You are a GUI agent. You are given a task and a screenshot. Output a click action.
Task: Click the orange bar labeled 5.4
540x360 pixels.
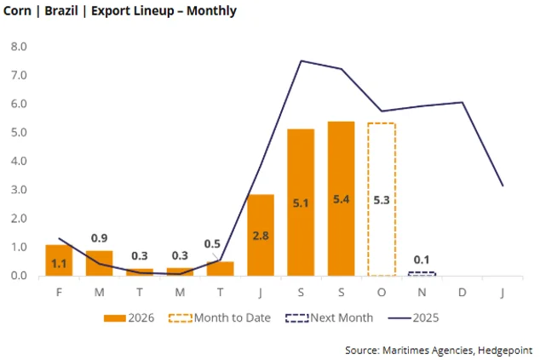click(x=341, y=198)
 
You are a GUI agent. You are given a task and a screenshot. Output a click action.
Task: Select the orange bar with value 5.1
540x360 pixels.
click(x=301, y=203)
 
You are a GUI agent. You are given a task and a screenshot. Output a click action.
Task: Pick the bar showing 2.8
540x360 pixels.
click(x=261, y=235)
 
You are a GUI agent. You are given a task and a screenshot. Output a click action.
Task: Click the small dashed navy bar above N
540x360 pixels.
click(x=422, y=272)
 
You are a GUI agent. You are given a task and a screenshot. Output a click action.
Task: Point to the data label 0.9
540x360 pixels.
click(x=99, y=238)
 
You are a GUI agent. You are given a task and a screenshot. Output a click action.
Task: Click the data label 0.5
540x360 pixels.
click(x=212, y=244)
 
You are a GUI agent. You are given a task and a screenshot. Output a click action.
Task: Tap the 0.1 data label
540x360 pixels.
click(x=422, y=260)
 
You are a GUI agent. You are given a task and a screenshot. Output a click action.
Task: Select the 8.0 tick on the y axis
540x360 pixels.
click(x=19, y=47)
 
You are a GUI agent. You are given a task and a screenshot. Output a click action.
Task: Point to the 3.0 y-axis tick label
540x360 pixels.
click(x=19, y=190)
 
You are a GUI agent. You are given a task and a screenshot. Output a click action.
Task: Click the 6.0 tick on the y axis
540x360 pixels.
click(x=19, y=104)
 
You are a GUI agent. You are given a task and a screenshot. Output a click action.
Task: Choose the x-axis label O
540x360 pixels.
click(x=382, y=293)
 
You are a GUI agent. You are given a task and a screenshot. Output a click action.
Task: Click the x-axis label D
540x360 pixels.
click(x=462, y=293)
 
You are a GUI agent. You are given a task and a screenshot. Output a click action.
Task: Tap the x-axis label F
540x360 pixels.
click(x=59, y=293)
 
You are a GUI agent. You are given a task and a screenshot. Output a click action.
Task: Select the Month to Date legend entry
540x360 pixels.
click(x=220, y=317)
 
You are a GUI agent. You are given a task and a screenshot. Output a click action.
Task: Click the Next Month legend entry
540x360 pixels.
click(x=329, y=317)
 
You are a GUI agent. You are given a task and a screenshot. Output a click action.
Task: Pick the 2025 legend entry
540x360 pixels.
click(x=413, y=317)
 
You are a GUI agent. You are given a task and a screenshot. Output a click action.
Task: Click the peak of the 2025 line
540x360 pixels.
click(x=301, y=61)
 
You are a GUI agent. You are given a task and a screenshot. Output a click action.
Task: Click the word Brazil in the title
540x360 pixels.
click(x=61, y=11)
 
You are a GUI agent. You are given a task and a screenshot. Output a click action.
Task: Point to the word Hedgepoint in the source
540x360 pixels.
click(x=505, y=351)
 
